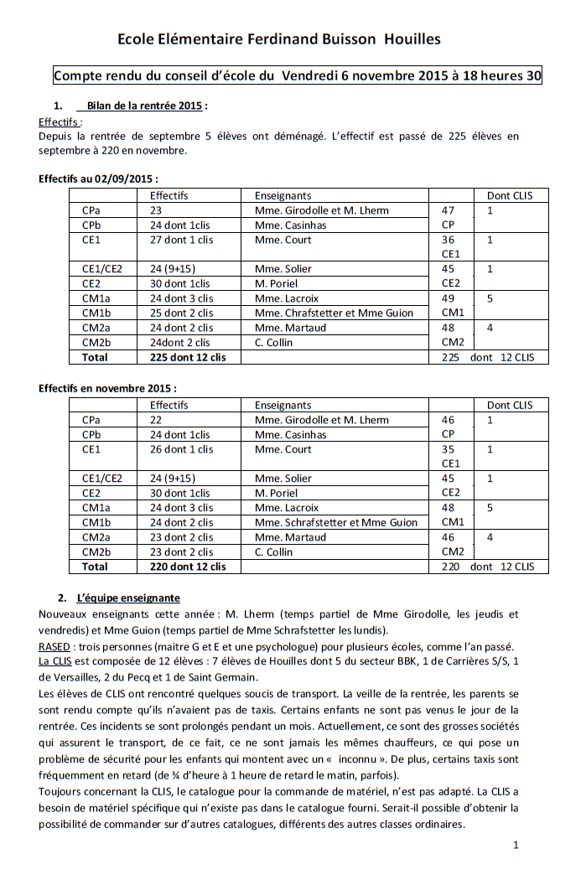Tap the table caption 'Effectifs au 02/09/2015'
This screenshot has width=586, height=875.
click(98, 179)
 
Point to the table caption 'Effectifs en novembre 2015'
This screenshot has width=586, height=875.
click(107, 388)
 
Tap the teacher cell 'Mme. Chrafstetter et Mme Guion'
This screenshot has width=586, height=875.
click(334, 313)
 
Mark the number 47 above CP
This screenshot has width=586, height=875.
click(449, 210)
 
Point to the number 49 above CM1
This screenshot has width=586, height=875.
click(449, 298)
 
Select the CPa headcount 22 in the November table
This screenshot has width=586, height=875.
click(156, 420)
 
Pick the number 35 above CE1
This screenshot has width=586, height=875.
click(449, 449)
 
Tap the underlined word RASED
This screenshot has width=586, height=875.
click(54, 646)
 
